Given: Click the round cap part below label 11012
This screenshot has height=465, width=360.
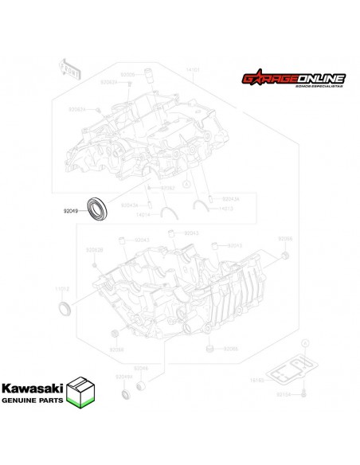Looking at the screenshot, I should pyautogui.click(x=65, y=308).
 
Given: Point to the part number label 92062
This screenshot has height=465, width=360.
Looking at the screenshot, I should pyautogui.click(x=167, y=188).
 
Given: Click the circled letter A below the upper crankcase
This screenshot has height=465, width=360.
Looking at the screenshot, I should pyautogui.click(x=186, y=184).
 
